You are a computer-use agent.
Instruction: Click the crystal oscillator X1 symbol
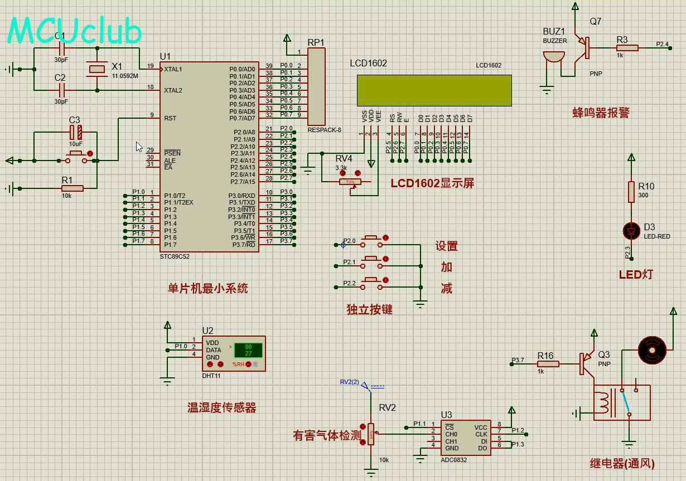(97, 69)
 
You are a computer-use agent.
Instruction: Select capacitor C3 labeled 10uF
(75, 132)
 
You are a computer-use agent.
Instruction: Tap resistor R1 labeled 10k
(72, 188)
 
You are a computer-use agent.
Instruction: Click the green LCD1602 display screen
(434, 90)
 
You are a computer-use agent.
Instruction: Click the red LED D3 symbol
(631, 230)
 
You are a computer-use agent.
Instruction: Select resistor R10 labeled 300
(631, 191)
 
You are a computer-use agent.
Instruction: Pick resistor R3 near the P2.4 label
(627, 48)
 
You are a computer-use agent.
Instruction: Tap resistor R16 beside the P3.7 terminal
(548, 364)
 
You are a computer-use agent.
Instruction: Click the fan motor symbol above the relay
(650, 349)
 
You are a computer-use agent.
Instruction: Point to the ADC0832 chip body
(466, 438)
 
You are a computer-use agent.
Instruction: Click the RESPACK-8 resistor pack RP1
(316, 86)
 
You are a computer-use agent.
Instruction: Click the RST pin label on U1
(170, 118)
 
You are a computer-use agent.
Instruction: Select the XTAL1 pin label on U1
(173, 69)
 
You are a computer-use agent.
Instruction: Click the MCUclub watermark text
(74, 31)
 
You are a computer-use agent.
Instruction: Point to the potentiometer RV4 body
(350, 182)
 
